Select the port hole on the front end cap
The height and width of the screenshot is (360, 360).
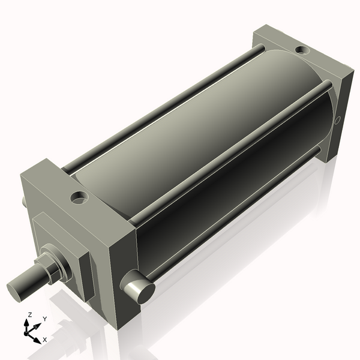(78, 196)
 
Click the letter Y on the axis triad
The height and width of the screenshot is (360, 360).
(45, 319)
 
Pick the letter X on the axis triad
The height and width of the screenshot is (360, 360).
(45, 340)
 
